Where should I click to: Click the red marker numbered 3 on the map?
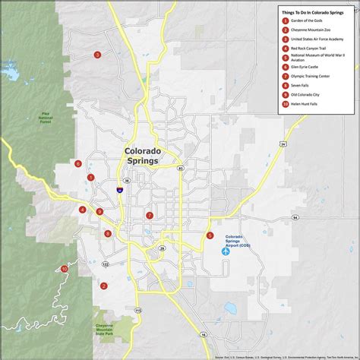pos(97,55)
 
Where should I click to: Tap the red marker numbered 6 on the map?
pos(78,163)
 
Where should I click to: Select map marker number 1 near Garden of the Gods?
pos(91,178)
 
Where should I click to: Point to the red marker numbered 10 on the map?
pos(65,269)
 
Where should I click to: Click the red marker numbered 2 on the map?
pos(103,286)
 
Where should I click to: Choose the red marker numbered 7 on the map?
pos(150,216)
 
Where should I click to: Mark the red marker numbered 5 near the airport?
pos(210,235)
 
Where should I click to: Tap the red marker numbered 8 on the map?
pos(108,234)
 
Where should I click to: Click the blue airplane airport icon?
pos(225,251)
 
